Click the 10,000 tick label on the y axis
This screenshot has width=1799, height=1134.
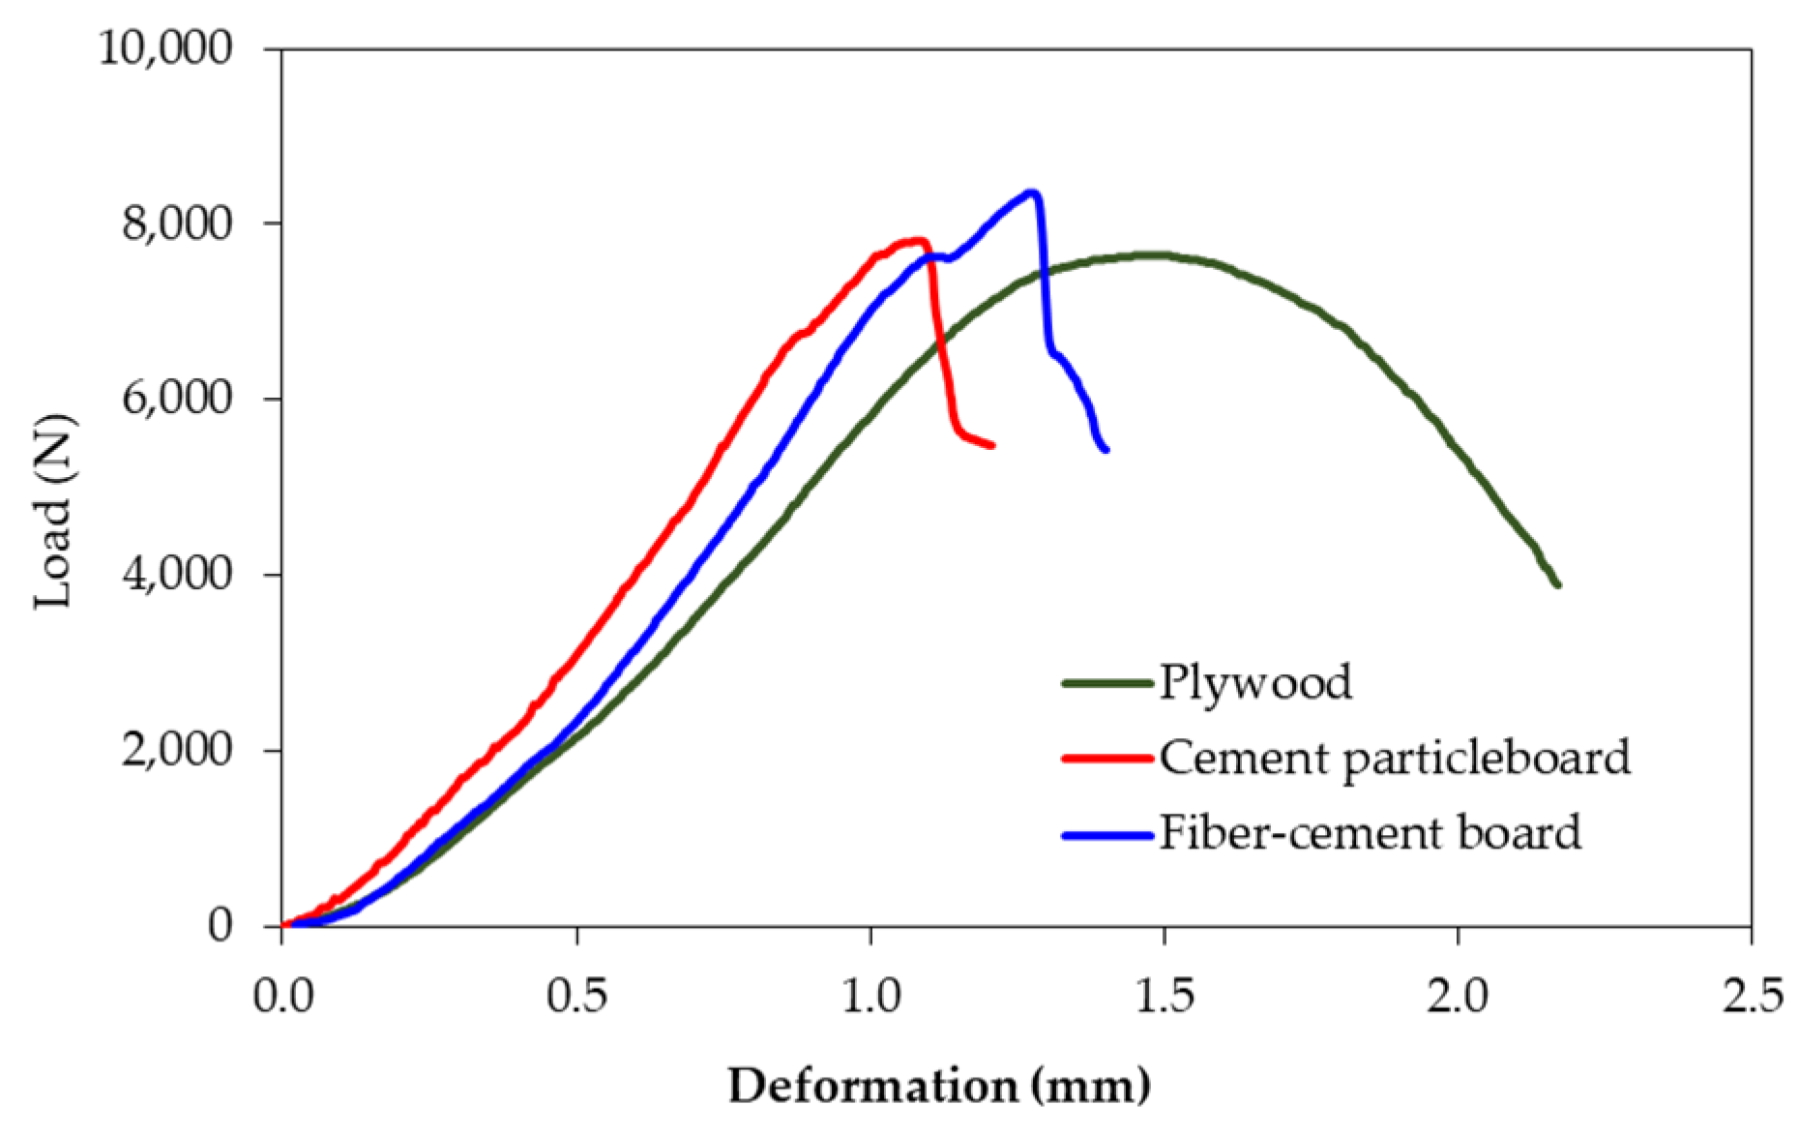165,47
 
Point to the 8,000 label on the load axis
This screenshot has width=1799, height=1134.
177,224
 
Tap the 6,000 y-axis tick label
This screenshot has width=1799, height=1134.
177,399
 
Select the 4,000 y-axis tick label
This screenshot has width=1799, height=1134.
177,575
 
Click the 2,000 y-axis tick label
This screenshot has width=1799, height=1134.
177,750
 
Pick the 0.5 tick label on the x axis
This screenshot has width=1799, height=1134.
576,996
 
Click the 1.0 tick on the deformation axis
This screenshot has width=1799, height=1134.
870,996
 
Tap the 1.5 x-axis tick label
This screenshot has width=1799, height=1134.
1165,996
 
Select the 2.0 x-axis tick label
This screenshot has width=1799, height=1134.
1458,996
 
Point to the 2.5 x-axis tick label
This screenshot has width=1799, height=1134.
1752,996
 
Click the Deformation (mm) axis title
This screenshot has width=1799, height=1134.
939,1086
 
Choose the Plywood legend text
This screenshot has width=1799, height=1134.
1255,682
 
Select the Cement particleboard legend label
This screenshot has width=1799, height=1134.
1395,758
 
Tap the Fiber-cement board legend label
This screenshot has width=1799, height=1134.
1370,833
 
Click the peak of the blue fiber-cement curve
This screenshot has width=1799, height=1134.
1032,193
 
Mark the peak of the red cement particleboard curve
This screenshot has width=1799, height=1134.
917,240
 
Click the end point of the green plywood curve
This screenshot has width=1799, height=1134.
1557,584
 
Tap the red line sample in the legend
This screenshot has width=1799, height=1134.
1108,758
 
